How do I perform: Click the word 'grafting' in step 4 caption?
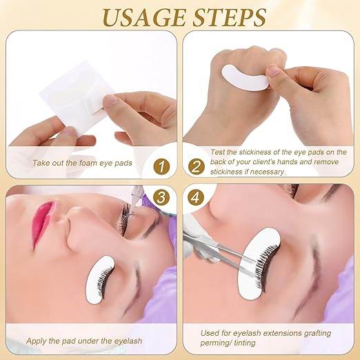314,332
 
